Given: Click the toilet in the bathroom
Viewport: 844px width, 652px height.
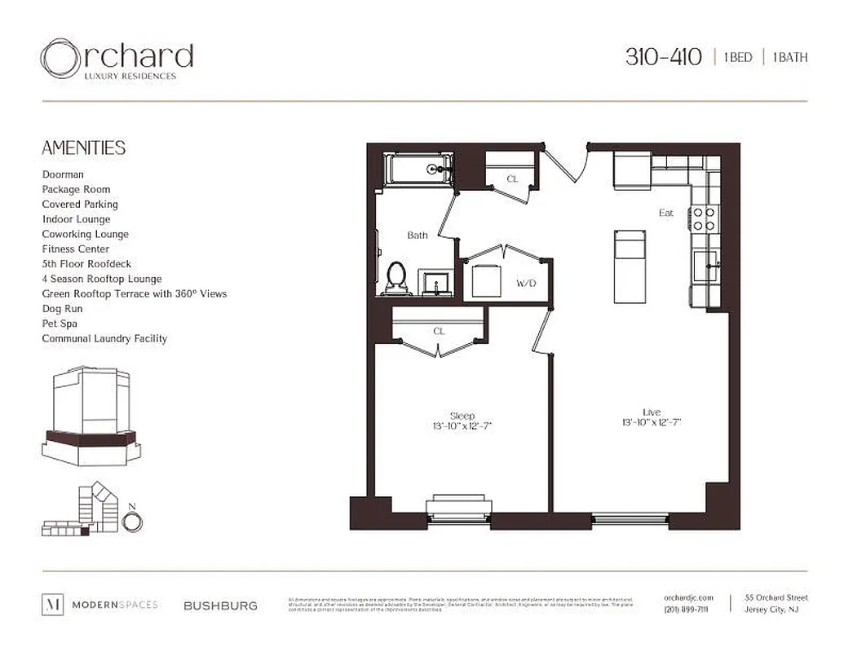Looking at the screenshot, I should pos(397,275).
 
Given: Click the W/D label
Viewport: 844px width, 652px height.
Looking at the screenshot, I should pos(525,284).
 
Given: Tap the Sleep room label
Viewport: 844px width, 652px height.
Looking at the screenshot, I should pos(462,416).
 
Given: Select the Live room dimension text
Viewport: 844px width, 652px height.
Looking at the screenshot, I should pos(651,422).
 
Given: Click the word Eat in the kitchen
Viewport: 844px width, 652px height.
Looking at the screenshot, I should pos(666,213).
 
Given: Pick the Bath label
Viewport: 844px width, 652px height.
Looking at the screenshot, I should pos(418,236).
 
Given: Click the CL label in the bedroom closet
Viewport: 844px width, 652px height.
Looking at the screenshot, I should pos(439,332).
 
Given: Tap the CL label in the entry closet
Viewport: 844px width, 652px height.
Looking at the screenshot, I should pos(512,178).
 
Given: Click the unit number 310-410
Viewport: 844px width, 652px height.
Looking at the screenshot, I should pos(663,57).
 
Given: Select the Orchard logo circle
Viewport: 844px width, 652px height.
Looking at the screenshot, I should pos(61,59).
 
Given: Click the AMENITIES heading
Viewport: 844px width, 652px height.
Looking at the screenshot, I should pos(83,148).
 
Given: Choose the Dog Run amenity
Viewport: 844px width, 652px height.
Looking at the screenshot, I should pos(62,309).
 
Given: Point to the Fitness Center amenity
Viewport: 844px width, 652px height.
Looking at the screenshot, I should pos(76,249).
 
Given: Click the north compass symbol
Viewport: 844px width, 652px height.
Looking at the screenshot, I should pos(132,522).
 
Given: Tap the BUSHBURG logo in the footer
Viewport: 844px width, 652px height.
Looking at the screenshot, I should pos(220,606).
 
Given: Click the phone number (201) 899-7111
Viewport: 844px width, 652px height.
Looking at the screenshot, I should pos(686,610).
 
